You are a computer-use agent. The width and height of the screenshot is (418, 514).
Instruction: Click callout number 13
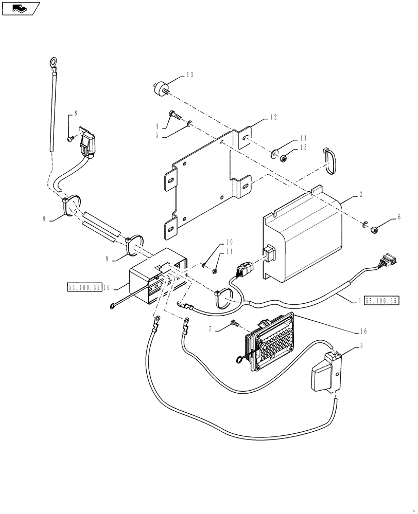189,75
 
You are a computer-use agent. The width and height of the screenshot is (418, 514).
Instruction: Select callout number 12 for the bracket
273,118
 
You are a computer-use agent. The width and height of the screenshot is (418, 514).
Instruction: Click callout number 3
361,346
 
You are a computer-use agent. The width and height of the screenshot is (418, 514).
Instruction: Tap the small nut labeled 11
215,270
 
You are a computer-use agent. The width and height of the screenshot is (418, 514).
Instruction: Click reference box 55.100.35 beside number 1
381,302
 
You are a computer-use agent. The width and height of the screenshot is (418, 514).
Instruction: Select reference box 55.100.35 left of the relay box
83,288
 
